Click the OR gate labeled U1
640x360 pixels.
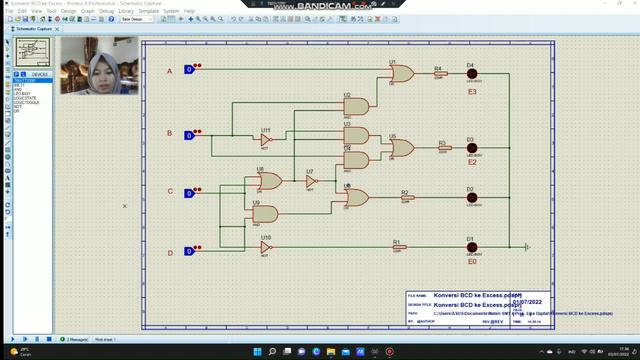click(401, 74)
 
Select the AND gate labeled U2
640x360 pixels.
click(355, 106)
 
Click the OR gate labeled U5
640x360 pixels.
click(401, 148)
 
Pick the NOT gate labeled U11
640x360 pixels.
click(266, 140)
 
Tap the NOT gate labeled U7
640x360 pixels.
click(310, 182)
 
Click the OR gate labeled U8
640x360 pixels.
click(267, 181)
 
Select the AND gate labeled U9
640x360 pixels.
click(264, 214)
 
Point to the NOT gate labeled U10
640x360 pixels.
click(266, 247)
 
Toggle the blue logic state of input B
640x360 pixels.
click(189, 135)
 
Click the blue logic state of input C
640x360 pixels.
click(189, 193)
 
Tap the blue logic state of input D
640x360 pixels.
click(189, 252)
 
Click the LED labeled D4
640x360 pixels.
click(471, 75)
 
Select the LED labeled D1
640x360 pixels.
click(471, 248)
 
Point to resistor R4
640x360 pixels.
click(440, 74)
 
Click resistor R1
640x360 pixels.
click(398, 247)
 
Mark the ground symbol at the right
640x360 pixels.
click(526, 247)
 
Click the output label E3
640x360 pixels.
click(472, 91)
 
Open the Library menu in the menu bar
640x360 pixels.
click(125, 11)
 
